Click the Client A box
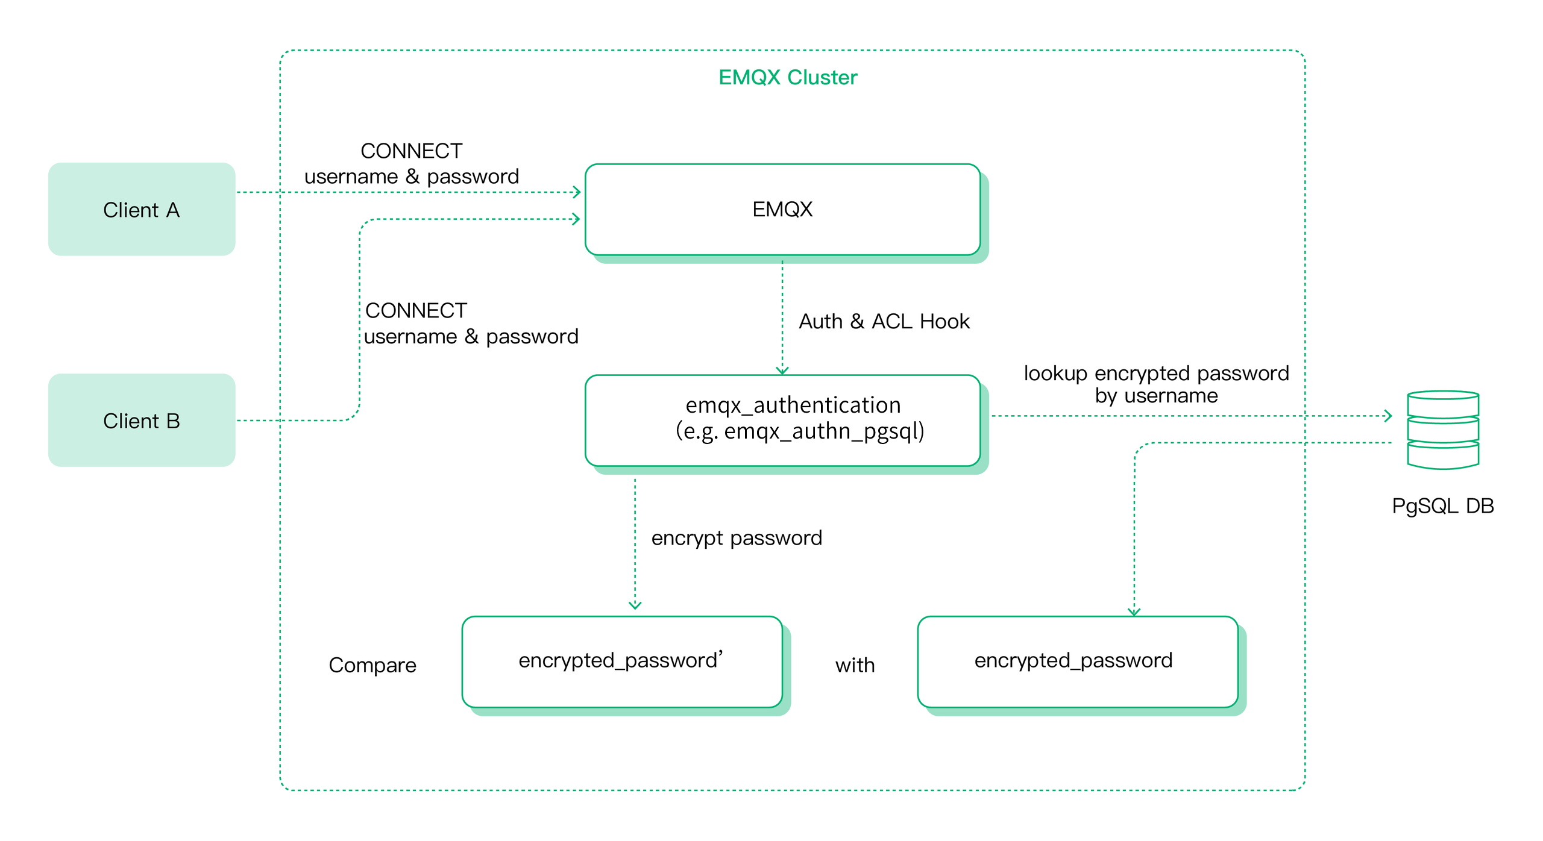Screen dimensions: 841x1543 [141, 209]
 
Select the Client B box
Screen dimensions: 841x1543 [141, 420]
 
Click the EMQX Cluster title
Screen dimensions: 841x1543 [787, 77]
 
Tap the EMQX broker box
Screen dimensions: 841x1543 [782, 209]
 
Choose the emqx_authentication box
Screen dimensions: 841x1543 [782, 420]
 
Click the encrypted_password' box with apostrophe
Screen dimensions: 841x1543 [621, 661]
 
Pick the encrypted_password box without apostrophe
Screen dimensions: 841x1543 [1077, 661]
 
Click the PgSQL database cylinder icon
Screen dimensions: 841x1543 [1442, 430]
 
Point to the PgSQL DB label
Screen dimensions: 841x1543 [1442, 505]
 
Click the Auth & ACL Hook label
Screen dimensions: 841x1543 [884, 321]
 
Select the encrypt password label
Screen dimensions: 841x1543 [736, 537]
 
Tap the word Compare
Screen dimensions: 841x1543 [372, 664]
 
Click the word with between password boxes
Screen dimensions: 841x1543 [854, 665]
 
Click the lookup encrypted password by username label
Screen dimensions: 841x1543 [1155, 384]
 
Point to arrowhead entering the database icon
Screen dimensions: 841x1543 [1387, 416]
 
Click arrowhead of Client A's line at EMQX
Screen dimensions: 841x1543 [577, 192]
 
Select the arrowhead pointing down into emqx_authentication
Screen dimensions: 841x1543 [782, 370]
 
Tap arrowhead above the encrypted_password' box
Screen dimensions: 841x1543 [635, 605]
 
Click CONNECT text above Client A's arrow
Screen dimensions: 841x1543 [411, 151]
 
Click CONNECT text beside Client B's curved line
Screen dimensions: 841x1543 [416, 310]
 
